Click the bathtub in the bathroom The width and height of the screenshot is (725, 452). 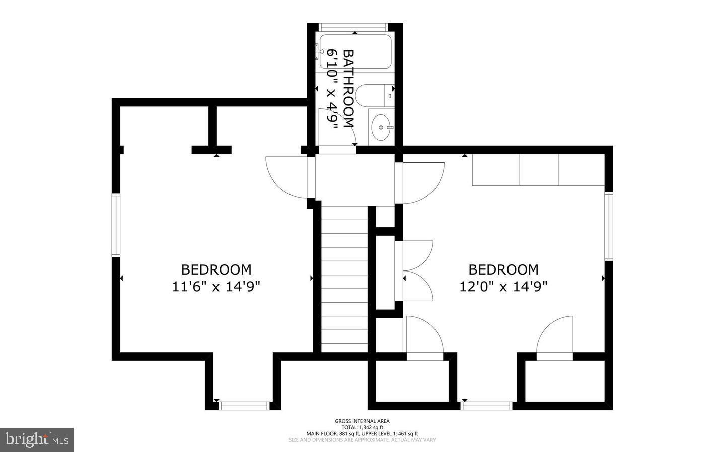tap(355, 51)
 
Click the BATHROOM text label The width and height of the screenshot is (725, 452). tap(348, 88)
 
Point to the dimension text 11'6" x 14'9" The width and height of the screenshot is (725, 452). tap(216, 287)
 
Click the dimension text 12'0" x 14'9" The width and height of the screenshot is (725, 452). tap(503, 287)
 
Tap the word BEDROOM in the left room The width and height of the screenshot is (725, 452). tap(216, 269)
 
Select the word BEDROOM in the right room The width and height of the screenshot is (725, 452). tap(503, 269)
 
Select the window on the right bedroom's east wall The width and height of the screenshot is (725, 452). tap(608, 226)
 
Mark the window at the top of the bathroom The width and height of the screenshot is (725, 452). tap(354, 27)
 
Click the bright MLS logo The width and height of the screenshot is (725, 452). tap(37, 440)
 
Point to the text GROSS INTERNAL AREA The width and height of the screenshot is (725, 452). tap(362, 421)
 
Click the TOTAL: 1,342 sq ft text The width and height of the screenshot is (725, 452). tap(362, 427)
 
